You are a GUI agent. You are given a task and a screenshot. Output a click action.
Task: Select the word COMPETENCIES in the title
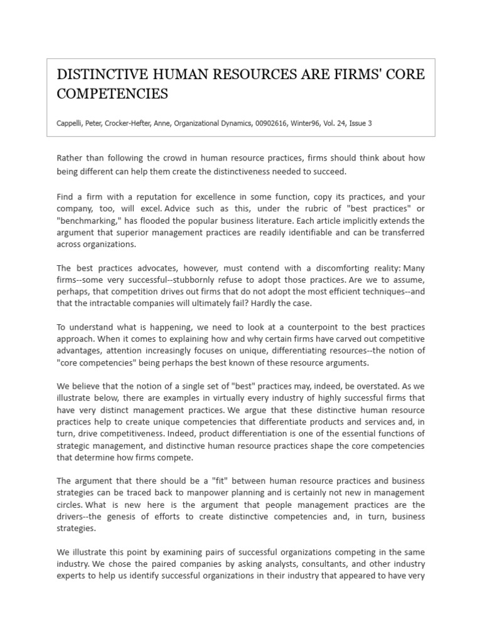[x=112, y=93]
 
